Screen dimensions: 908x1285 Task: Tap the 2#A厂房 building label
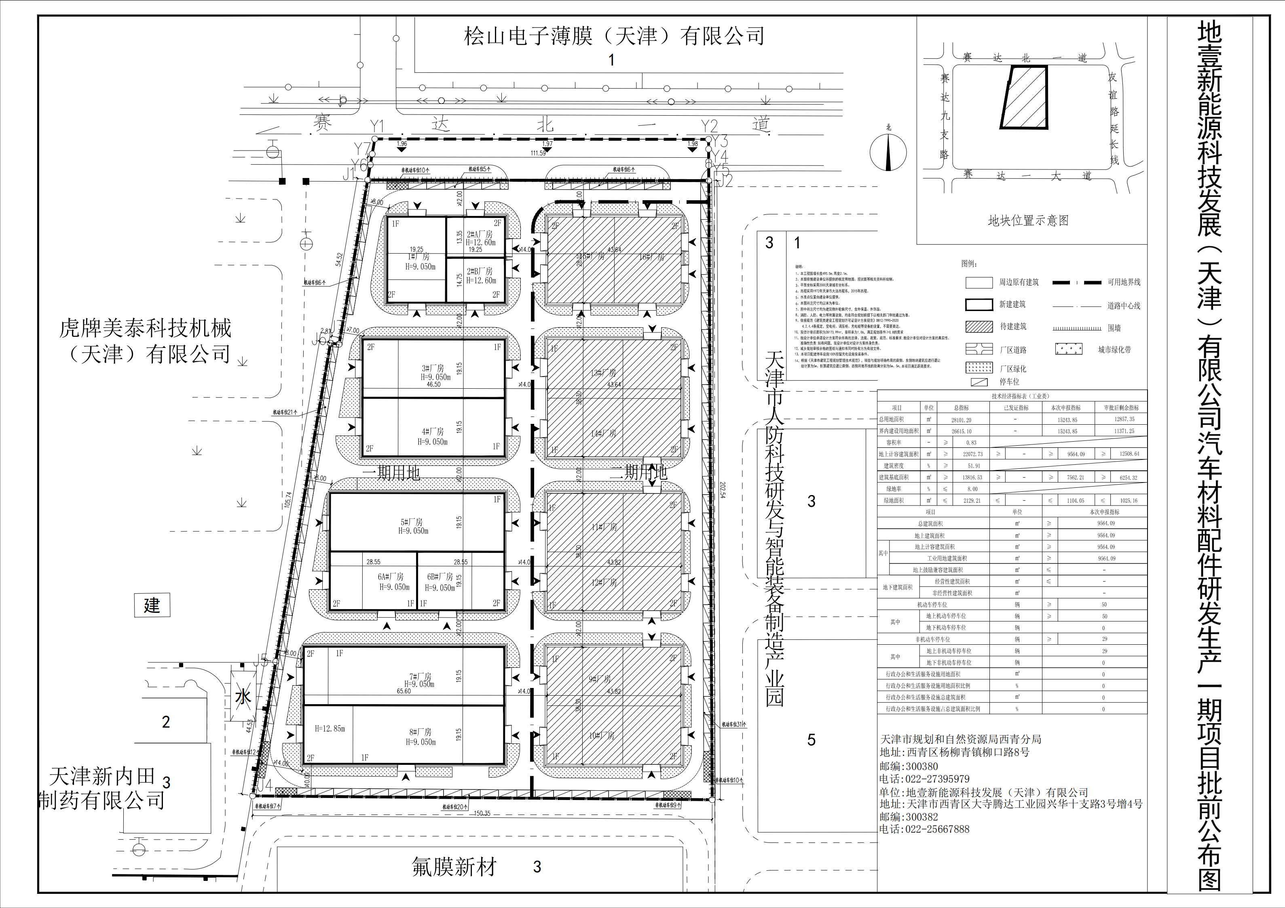480,235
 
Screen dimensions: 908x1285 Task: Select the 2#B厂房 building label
480,271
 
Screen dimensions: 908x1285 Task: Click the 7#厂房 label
420,677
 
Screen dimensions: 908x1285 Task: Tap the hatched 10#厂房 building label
602,736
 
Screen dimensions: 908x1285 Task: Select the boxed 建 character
152,605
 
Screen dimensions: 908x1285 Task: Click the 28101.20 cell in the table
962,420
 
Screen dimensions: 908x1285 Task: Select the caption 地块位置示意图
1028,220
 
